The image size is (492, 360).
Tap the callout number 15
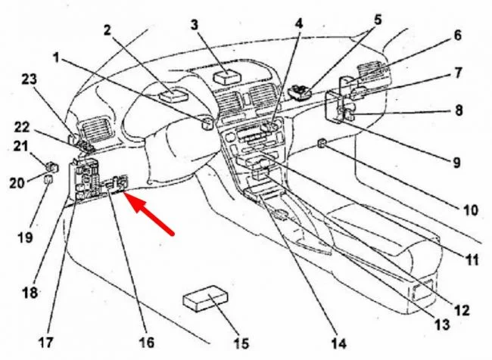click(x=241, y=343)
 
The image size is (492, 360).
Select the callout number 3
click(x=195, y=25)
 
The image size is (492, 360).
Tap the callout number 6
click(x=457, y=36)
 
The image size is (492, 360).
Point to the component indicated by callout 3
click(x=226, y=77)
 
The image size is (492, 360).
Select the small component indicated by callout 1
click(x=206, y=123)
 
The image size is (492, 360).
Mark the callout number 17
click(x=47, y=342)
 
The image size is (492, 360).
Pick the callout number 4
click(x=299, y=23)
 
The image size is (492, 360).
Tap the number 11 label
click(x=472, y=261)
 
